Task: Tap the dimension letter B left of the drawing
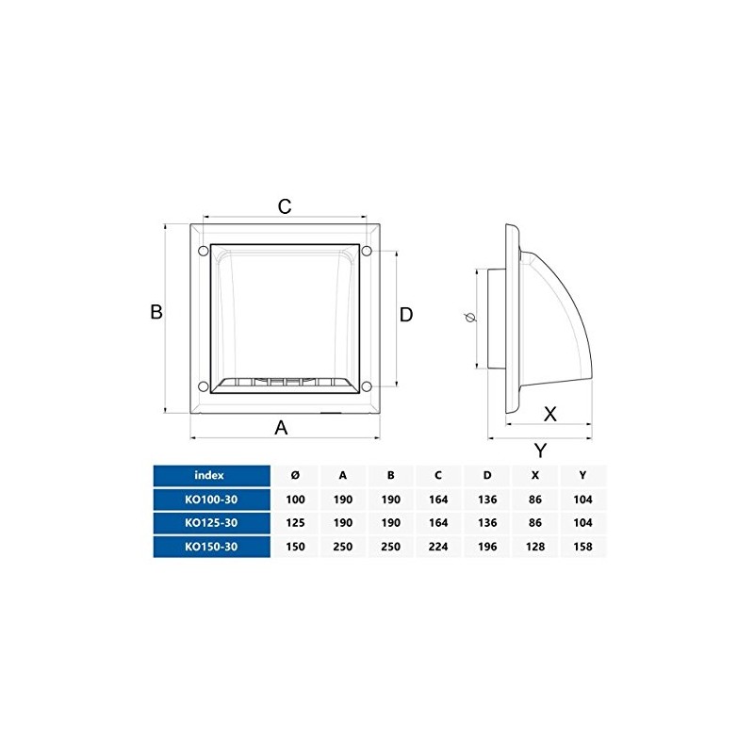pyautogui.click(x=157, y=313)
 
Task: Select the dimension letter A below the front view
pyautogui.click(x=281, y=428)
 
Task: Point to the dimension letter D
pyautogui.click(x=405, y=315)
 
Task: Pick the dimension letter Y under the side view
pyautogui.click(x=540, y=450)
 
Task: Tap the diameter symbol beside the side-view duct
pyautogui.click(x=470, y=320)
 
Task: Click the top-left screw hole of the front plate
pyautogui.click(x=201, y=251)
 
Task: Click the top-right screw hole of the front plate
pyautogui.click(x=367, y=251)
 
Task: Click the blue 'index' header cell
pyautogui.click(x=210, y=475)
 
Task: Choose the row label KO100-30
pyautogui.click(x=210, y=500)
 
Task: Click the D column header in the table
pyautogui.click(x=486, y=475)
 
